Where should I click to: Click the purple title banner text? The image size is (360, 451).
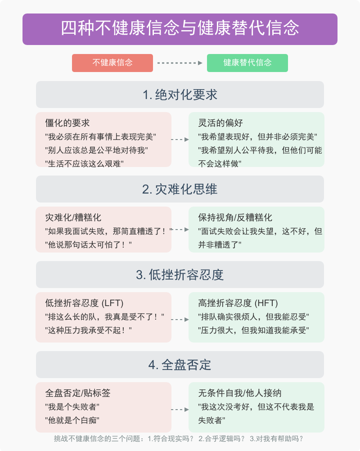(180, 28)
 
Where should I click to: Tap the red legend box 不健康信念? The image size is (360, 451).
(112, 63)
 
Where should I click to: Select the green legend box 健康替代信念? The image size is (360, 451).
(247, 63)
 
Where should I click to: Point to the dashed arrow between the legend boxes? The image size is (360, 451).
(180, 63)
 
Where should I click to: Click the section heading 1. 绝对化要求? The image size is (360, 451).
(180, 95)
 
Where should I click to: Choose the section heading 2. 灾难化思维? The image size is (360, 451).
(180, 189)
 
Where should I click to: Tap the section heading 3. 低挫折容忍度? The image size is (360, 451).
(180, 275)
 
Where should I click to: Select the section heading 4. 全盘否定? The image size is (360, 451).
(180, 365)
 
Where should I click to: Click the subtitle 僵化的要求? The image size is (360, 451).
(67, 123)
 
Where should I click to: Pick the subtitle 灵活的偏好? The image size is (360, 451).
(220, 123)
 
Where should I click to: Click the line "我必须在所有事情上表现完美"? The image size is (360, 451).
(101, 137)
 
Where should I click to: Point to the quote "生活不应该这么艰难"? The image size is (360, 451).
(84, 164)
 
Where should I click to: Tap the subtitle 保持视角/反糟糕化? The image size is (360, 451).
(235, 217)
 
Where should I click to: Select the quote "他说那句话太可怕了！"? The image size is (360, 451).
(88, 245)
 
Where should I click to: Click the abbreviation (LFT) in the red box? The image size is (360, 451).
(112, 303)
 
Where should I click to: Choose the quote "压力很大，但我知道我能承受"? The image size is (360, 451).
(254, 330)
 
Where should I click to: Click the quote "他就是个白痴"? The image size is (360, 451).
(72, 420)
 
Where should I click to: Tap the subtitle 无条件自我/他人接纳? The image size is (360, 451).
(240, 393)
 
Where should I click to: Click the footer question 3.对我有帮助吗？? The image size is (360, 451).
(277, 439)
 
